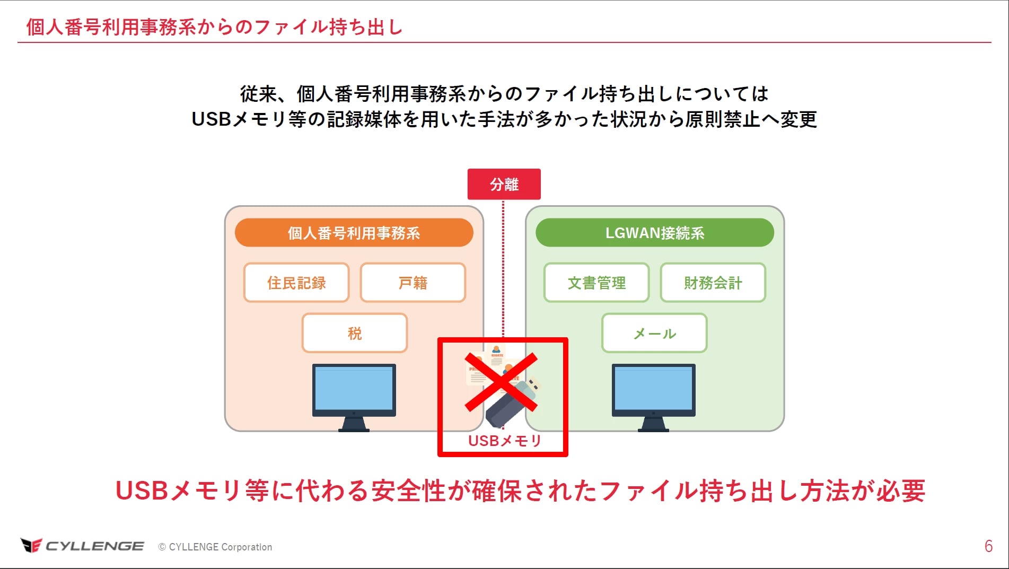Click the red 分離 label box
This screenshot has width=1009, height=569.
504,184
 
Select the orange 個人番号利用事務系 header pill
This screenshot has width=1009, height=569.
354,233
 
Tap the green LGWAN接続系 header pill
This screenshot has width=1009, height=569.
654,233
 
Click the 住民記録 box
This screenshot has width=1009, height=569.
296,283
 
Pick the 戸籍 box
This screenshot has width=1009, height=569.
413,283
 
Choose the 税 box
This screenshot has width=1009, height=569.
354,333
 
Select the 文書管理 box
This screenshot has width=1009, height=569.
596,283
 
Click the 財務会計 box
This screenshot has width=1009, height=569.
713,283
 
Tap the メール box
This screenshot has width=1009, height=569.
654,333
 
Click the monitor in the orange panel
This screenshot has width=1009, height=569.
354,396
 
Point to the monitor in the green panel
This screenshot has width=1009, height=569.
653,396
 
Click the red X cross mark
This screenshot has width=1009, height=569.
501,382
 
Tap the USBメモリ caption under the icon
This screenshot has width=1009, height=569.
504,441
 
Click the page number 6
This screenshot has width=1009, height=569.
988,546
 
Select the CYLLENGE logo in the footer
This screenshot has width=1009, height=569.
82,546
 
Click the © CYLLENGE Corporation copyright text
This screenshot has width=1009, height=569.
215,547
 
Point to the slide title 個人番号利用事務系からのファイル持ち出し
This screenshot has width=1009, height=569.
214,27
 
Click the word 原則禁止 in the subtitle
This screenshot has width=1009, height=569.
723,119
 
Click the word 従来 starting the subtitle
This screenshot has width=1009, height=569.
258,94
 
